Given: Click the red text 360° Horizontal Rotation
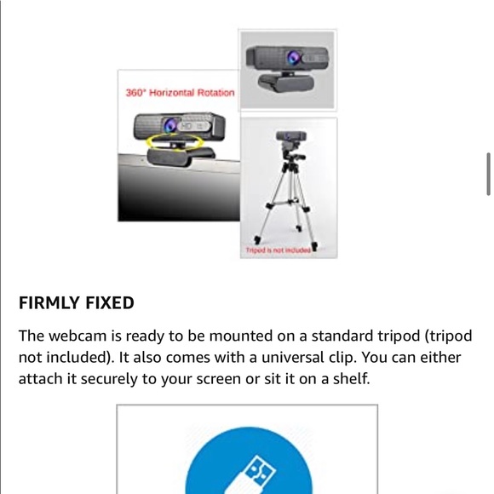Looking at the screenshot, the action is click(x=181, y=93).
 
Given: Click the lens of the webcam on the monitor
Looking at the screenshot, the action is click(x=170, y=125).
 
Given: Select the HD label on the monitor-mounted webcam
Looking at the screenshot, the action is click(x=186, y=126).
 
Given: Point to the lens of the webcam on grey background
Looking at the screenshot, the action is click(x=294, y=58).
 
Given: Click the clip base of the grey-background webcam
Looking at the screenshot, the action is click(x=286, y=83).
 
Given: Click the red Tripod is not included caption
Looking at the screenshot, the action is click(x=279, y=250).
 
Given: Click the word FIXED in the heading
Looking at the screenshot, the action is click(x=110, y=303).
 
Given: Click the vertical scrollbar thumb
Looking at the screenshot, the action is click(x=489, y=175).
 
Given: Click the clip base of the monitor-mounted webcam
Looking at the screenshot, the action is click(x=181, y=156).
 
